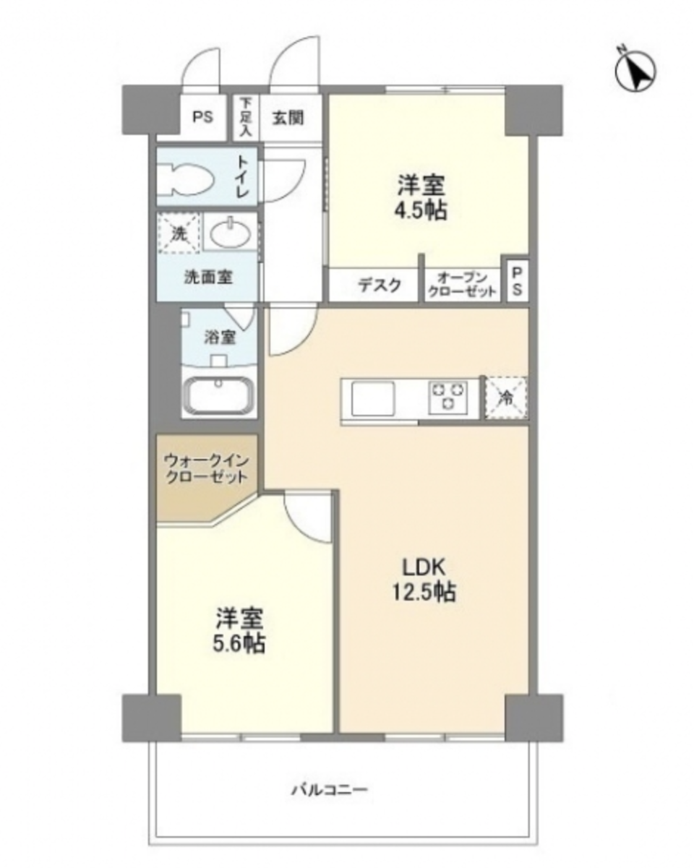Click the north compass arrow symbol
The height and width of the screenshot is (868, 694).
[635, 70]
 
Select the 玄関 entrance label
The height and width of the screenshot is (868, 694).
[287, 117]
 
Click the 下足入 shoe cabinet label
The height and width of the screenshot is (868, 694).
[247, 118]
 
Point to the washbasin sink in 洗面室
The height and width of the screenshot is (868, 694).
[230, 232]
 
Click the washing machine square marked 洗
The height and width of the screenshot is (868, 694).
[178, 233]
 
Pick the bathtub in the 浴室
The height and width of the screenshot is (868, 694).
[219, 396]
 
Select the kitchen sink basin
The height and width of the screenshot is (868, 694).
[373, 397]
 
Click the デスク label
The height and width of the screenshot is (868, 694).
[379, 285]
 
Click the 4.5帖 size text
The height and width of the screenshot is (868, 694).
[421, 210]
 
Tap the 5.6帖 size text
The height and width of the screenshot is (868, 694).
[239, 642]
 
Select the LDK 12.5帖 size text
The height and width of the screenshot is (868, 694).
[424, 593]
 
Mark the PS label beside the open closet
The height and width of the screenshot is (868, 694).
[518, 282]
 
